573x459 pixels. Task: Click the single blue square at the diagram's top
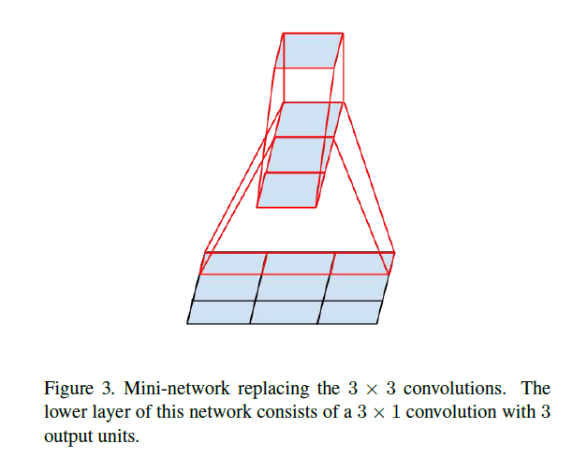pos(310,52)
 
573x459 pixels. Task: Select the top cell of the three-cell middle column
pos(307,120)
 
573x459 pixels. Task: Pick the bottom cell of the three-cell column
pos(291,190)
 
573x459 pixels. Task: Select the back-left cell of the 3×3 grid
pos(233,263)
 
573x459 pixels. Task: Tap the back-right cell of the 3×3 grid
pos(360,263)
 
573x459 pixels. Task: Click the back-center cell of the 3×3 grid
pos(298,263)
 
